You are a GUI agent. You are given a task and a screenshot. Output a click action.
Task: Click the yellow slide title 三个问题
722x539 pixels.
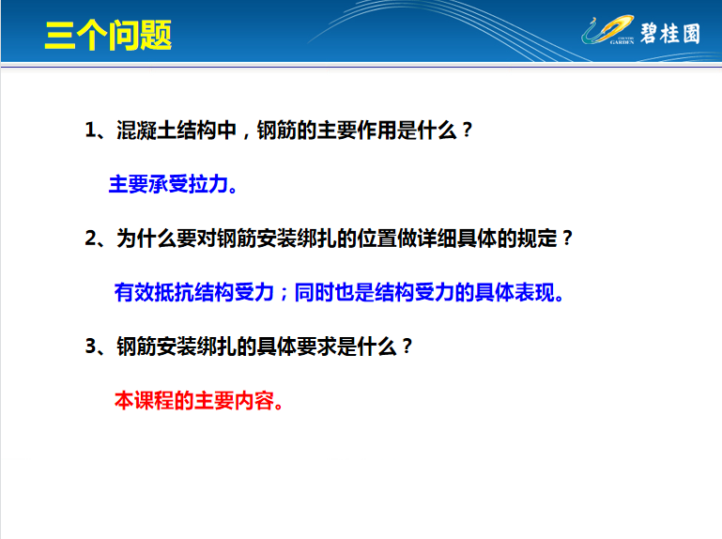[108, 35]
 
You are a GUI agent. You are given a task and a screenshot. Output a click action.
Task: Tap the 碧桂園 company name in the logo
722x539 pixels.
[670, 34]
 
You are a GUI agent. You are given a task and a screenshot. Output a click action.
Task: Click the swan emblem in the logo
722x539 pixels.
[607, 30]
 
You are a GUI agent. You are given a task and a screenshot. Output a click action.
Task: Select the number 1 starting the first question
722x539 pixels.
[91, 130]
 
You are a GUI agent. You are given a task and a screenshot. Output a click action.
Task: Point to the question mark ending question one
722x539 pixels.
[467, 130]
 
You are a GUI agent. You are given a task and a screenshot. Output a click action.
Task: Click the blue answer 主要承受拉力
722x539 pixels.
[168, 184]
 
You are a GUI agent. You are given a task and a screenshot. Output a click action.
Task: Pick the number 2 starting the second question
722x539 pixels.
[91, 239]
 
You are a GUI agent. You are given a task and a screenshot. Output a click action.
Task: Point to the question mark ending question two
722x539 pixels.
[567, 239]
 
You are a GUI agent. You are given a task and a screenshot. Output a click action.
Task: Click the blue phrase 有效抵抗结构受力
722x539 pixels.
[193, 292]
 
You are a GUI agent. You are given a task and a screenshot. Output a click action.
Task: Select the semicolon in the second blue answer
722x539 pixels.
[284, 294]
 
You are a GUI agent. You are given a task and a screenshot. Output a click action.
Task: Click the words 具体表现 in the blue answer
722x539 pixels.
[515, 292]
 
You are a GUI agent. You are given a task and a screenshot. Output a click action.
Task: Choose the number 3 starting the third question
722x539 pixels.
[91, 346]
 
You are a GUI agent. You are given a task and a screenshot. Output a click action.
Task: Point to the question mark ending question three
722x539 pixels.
[407, 346]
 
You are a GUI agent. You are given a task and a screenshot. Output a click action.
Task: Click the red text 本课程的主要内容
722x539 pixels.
[193, 400]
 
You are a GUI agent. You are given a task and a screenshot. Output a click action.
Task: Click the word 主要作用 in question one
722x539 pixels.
[357, 130]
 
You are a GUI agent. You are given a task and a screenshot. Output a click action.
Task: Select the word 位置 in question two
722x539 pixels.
[376, 239]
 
